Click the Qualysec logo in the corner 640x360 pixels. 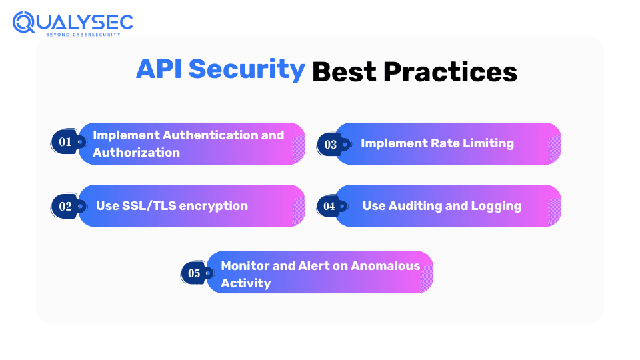point(73,24)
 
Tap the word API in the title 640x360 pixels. point(159,69)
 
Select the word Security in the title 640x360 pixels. point(247,70)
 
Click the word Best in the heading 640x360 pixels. point(344,72)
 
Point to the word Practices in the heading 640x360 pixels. point(450,72)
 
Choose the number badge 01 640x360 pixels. point(65,141)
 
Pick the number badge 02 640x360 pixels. point(65,206)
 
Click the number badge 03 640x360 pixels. point(331,145)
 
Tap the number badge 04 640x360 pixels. point(329,206)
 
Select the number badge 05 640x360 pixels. point(194,273)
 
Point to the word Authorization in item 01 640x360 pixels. point(136,152)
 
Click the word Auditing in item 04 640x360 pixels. point(415,207)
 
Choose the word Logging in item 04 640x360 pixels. point(496,207)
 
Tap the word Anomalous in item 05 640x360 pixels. point(385,266)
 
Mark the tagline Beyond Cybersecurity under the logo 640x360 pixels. point(83,35)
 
